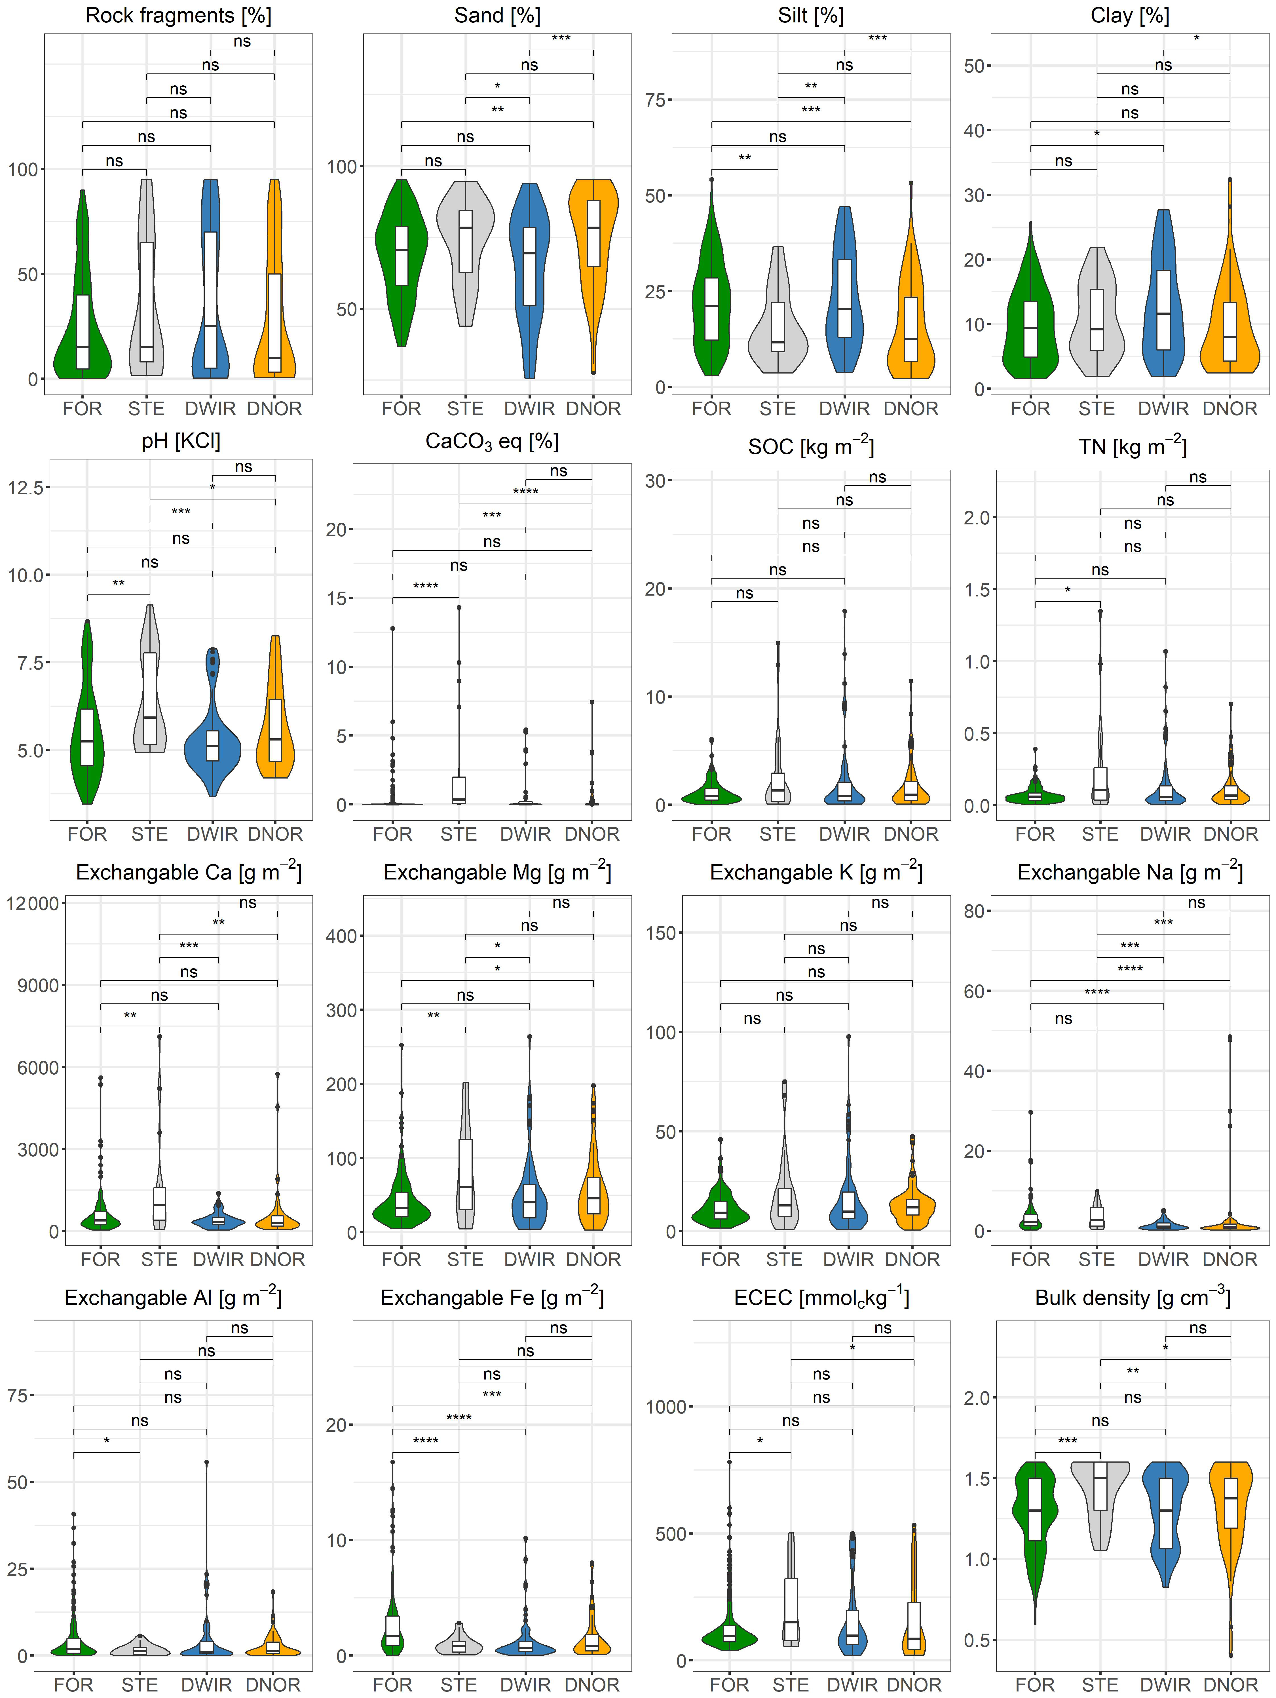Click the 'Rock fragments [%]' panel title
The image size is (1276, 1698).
[178, 15]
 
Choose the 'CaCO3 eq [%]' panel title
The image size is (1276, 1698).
[492, 442]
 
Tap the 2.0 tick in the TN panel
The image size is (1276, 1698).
[977, 517]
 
